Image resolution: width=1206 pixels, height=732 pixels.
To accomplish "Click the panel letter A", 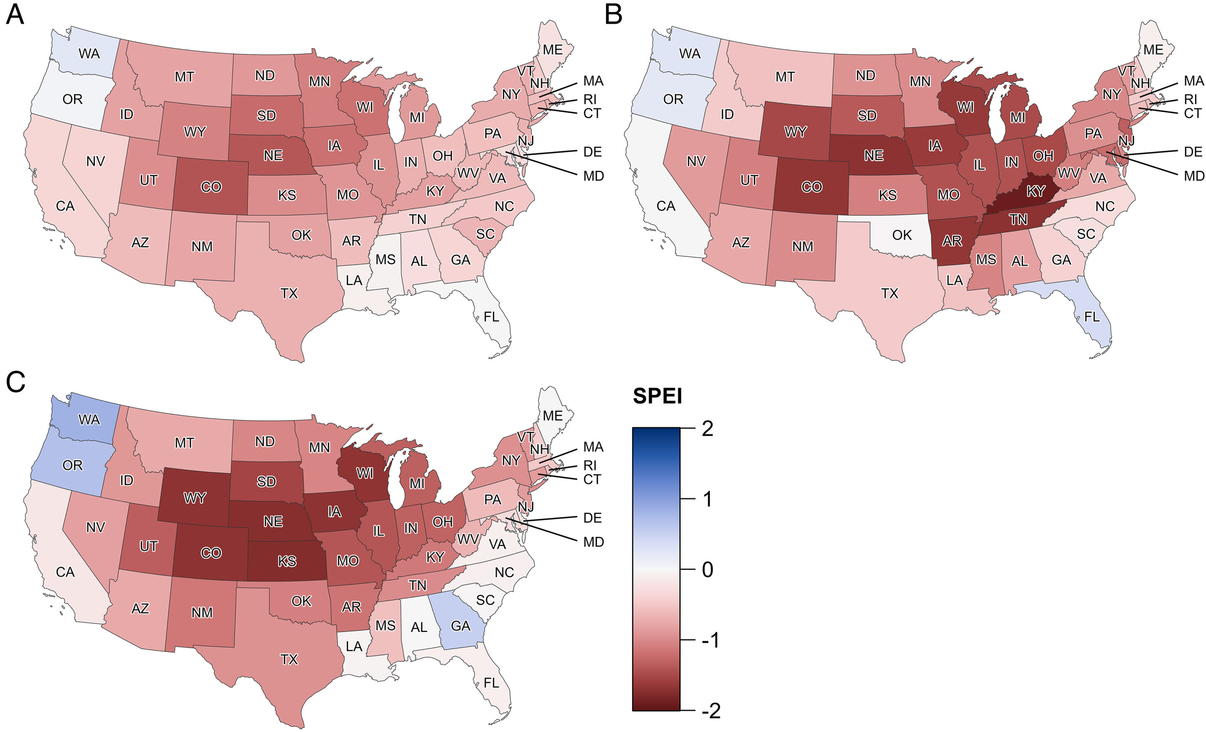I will [x=15, y=15].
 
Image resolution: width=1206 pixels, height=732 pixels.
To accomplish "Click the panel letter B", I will [x=614, y=15].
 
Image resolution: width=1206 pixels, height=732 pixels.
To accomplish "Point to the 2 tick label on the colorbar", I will [x=707, y=429].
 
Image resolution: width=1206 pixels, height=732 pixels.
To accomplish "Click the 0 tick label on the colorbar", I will [x=707, y=570].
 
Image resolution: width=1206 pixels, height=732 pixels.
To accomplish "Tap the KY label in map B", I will [x=1036, y=191].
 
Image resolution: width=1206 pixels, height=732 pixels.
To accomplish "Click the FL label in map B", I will [x=1092, y=317].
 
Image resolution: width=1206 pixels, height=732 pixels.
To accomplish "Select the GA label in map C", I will [x=461, y=626].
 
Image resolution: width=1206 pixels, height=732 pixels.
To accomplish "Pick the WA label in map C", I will [x=89, y=420].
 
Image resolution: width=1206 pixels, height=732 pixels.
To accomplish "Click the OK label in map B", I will [x=902, y=235].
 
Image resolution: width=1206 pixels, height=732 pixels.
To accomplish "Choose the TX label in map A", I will [x=289, y=293].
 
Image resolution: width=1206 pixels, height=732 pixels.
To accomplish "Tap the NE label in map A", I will [x=273, y=156].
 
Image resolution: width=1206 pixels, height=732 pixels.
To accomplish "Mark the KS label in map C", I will [x=287, y=561].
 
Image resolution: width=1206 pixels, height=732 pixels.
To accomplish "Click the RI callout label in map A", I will [x=590, y=99].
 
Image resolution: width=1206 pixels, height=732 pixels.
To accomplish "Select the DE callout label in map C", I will [x=592, y=518].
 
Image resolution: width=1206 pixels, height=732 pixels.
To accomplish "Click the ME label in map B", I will [x=1153, y=50].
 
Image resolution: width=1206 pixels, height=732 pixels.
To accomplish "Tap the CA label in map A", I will [x=65, y=206].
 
